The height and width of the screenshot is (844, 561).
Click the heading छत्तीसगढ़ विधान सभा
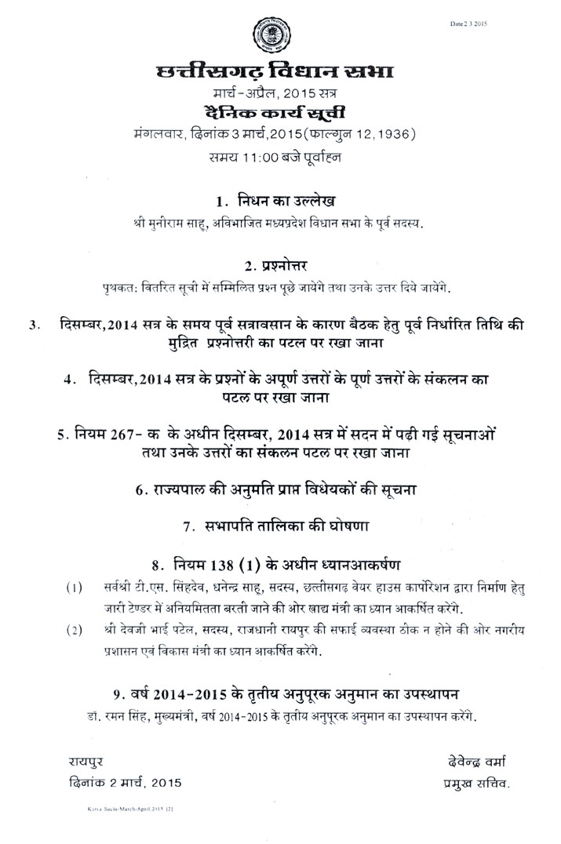pyautogui.click(x=275, y=75)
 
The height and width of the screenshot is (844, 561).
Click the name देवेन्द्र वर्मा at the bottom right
pyautogui.click(x=475, y=760)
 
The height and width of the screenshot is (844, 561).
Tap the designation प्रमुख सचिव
pyautogui.click(x=475, y=782)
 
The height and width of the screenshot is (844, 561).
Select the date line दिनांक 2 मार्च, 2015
pyautogui.click(x=123, y=782)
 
